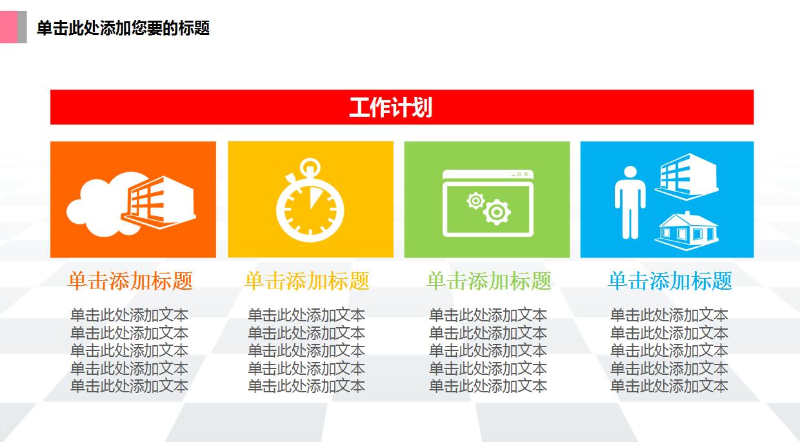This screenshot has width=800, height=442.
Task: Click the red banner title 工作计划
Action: point(390,107)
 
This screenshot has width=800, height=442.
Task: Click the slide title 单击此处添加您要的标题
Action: point(123,28)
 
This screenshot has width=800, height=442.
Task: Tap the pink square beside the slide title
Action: point(8,27)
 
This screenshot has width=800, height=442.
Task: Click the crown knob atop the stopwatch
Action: point(310,166)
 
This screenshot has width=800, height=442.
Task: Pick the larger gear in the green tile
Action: point(497,211)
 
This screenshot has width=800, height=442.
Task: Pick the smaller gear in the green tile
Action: point(475,201)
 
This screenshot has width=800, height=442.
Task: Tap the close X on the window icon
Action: point(526,174)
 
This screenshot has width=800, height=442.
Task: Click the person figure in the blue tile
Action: point(630,201)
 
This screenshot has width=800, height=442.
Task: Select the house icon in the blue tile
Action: point(687,229)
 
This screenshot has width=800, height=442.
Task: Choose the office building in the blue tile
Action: point(687,176)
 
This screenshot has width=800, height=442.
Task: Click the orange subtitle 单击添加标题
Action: point(130,281)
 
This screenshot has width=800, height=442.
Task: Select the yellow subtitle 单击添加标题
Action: point(307,281)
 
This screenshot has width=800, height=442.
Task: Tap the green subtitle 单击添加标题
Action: point(489,281)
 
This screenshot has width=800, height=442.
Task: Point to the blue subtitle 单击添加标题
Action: point(670,281)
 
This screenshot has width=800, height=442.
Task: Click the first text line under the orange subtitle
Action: point(129,315)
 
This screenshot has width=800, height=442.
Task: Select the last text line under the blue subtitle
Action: point(669,386)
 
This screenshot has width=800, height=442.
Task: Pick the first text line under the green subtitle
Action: point(488,315)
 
